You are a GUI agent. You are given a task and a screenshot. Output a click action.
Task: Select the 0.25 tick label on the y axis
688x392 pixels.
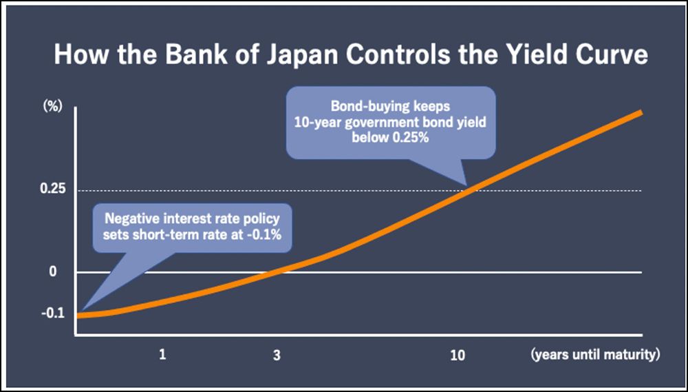(x=54, y=190)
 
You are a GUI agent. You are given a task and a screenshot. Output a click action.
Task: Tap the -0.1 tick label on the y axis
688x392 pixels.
(x=54, y=313)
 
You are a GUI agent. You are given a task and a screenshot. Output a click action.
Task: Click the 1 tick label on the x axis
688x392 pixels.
(x=163, y=355)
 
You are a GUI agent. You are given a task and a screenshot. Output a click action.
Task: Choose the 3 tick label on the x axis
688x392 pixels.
(x=277, y=355)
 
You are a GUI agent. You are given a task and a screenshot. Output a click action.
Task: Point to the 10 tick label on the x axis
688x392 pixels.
(x=457, y=355)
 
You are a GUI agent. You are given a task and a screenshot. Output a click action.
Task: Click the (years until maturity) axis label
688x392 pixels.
(x=595, y=355)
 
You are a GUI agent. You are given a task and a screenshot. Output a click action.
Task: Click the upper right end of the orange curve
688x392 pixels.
(x=641, y=112)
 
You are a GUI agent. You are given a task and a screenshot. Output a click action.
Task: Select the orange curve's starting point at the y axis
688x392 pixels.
(x=77, y=315)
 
